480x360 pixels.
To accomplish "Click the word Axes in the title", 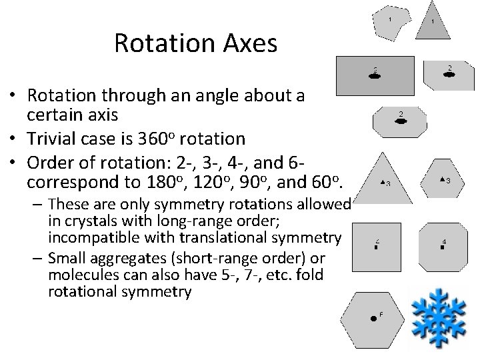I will (x=250, y=43).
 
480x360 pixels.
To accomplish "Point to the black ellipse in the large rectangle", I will (x=375, y=76).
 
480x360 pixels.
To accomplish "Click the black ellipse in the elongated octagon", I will (x=401, y=121).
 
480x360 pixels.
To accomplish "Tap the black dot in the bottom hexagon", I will (x=374, y=319).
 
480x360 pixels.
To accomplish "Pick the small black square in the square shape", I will (x=377, y=247).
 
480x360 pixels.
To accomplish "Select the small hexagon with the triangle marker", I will (x=443, y=181).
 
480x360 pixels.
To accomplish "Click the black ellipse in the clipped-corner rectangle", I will (x=450, y=75).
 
